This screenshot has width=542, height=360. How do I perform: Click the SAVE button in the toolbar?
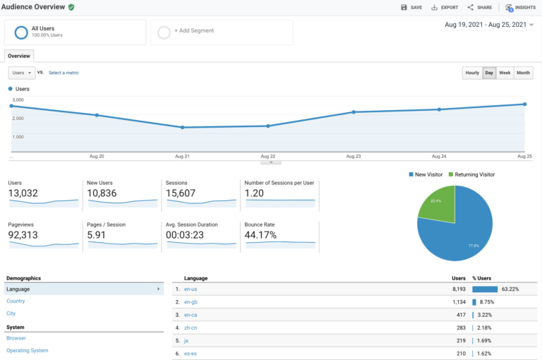(x=411, y=7)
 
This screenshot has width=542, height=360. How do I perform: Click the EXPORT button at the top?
(x=445, y=7)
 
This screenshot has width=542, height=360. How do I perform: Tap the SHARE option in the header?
(x=480, y=7)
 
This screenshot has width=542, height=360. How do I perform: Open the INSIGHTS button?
(x=520, y=7)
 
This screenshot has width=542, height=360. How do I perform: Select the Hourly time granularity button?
(x=472, y=73)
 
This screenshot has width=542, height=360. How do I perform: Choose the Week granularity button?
(x=505, y=73)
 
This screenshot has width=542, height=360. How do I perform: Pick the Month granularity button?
(x=523, y=73)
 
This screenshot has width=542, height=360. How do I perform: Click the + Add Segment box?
(x=222, y=32)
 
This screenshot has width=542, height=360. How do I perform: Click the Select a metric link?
(x=64, y=73)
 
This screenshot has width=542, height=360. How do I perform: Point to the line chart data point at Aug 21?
(x=183, y=127)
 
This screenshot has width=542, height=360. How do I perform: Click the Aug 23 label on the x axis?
(x=354, y=156)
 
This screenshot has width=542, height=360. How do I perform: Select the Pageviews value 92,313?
(x=23, y=235)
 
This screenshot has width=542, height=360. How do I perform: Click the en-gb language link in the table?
(x=191, y=301)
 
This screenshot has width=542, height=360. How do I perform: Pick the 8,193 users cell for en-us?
(x=454, y=289)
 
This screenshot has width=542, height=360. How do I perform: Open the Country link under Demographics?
(x=16, y=301)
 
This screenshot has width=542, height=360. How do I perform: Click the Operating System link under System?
(x=28, y=350)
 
